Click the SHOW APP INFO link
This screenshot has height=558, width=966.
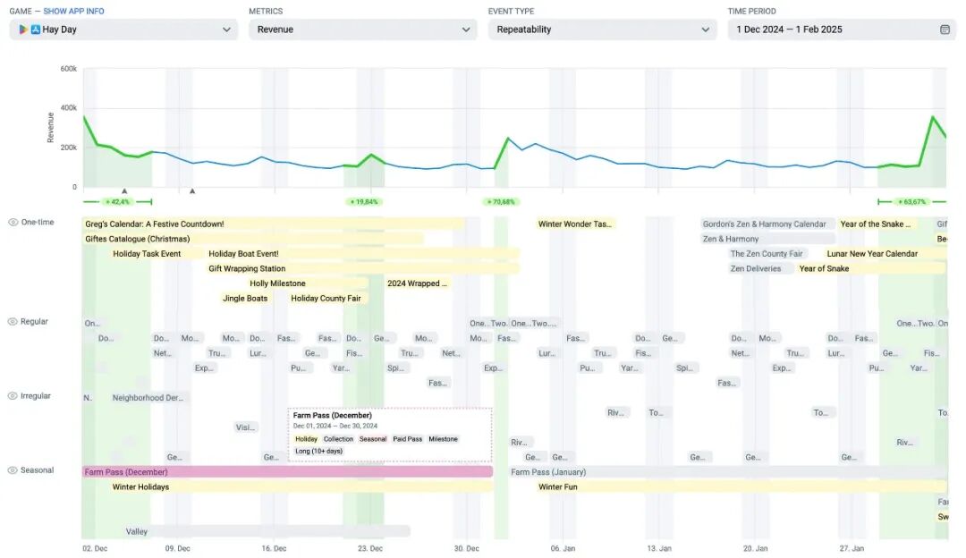click(73, 11)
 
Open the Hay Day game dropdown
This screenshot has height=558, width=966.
click(123, 30)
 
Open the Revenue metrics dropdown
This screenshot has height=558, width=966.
click(362, 30)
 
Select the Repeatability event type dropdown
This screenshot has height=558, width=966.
click(602, 30)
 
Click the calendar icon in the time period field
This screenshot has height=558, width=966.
click(945, 30)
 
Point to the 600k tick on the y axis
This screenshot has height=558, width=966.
click(68, 69)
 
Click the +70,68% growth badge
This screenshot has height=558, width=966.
click(501, 202)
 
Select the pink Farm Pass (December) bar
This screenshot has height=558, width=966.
click(286, 471)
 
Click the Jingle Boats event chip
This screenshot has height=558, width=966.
click(245, 298)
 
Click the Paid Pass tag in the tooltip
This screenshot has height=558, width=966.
click(408, 439)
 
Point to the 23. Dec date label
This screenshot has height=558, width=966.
click(370, 548)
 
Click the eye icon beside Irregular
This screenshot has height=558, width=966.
click(13, 396)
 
